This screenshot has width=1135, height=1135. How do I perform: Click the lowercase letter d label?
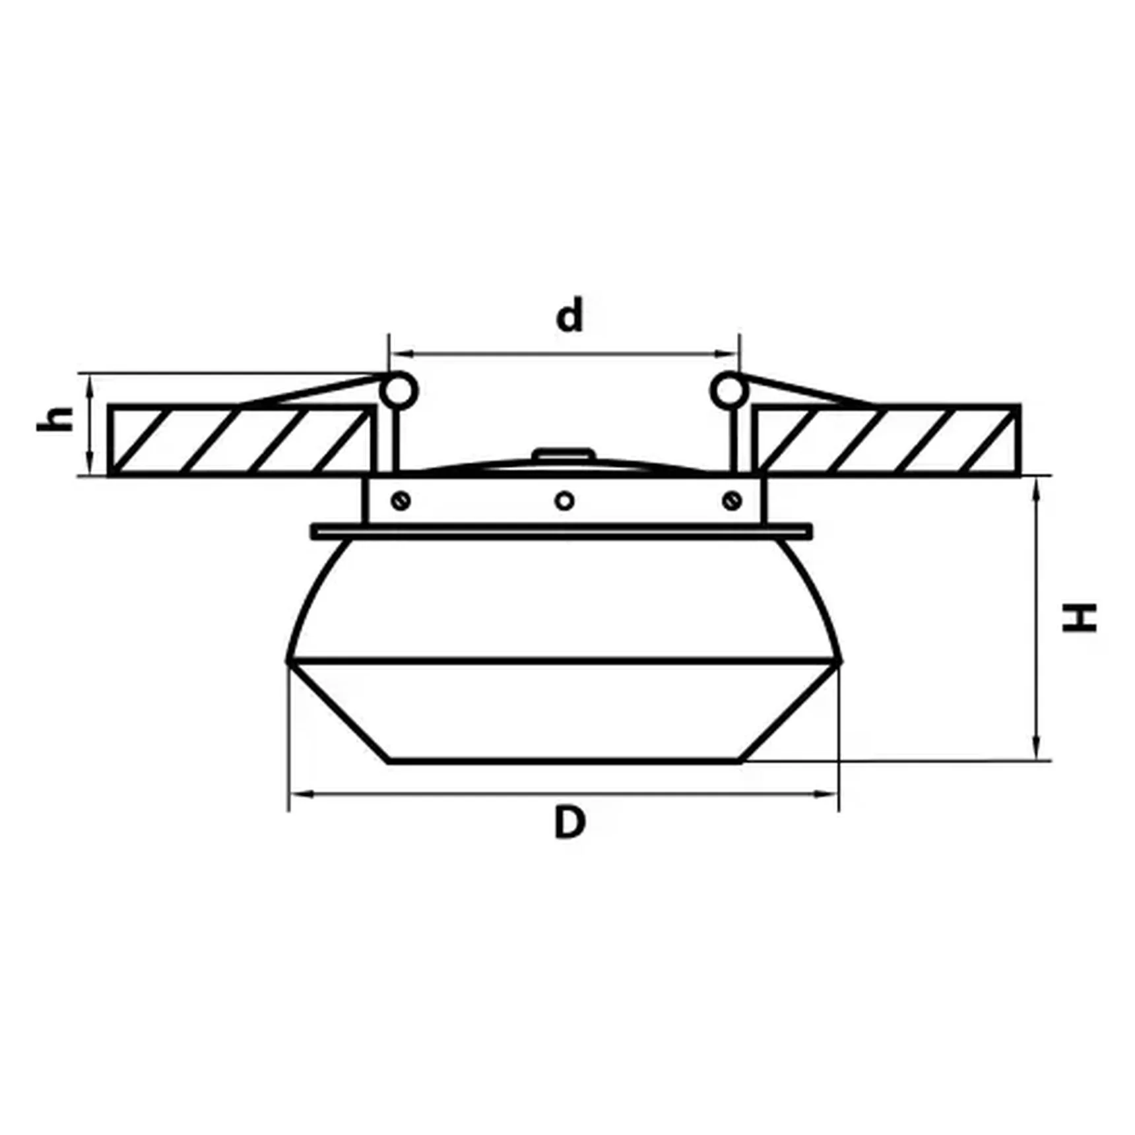point(570,316)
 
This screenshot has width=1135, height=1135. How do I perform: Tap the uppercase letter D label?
point(570,822)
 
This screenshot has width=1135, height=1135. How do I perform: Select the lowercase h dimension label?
point(55,419)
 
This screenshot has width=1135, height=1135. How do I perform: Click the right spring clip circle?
point(728,391)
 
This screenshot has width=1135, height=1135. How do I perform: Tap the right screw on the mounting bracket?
point(732,501)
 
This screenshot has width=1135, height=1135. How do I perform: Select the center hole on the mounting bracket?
point(564,501)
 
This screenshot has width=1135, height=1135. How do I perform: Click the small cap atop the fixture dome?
point(564,454)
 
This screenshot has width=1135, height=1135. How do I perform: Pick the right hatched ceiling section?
point(888,440)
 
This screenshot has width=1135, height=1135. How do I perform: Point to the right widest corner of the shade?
point(839,660)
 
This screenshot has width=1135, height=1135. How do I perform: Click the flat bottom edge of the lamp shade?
point(564,761)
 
